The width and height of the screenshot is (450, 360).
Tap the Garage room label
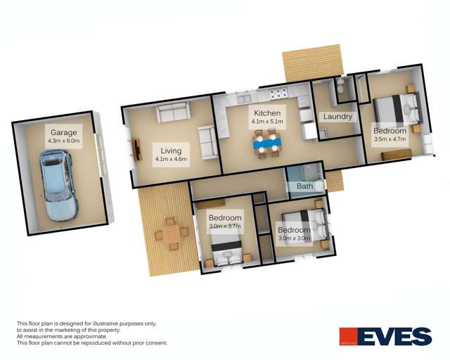click(63, 132)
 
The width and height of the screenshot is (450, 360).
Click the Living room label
click(171, 150)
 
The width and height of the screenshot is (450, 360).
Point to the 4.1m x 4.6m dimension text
click(171, 160)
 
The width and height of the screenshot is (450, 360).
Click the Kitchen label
click(267, 112)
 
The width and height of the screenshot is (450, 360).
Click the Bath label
click(304, 186)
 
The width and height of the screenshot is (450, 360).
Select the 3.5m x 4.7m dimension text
click(390, 140)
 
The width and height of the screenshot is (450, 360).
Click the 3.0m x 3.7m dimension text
click(225, 226)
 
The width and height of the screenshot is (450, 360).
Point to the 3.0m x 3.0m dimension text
click(294, 239)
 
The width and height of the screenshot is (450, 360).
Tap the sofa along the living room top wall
click(172, 112)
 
